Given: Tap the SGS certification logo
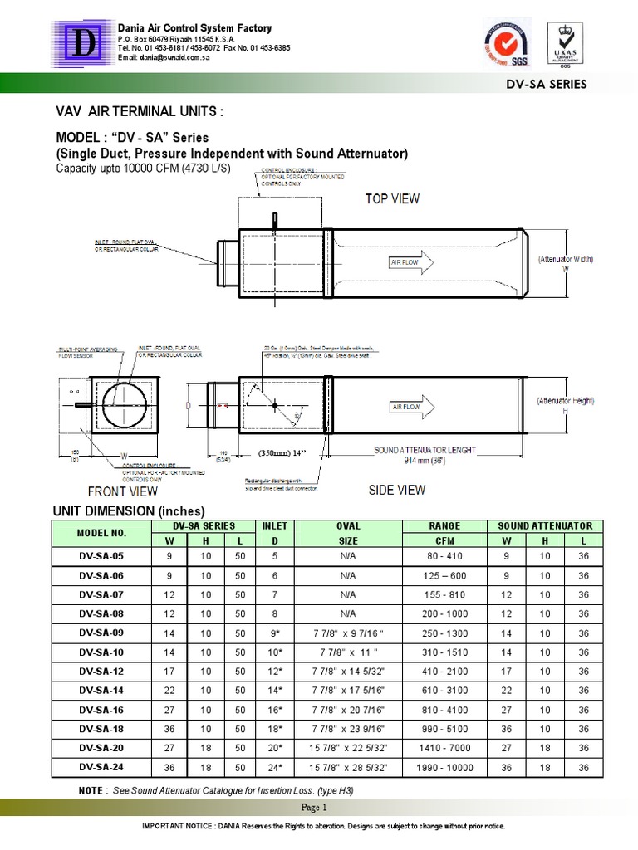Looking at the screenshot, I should (507, 43).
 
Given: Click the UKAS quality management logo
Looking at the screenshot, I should (564, 43).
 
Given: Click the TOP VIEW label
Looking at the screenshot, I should (393, 198).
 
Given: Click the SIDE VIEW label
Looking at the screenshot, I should (397, 491).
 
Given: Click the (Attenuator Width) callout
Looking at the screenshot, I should (566, 260).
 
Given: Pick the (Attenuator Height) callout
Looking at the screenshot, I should (565, 401).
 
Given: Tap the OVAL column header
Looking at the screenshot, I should (347, 525).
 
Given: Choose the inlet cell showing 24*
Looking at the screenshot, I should (274, 769).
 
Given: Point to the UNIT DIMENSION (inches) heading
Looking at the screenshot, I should (129, 510).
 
